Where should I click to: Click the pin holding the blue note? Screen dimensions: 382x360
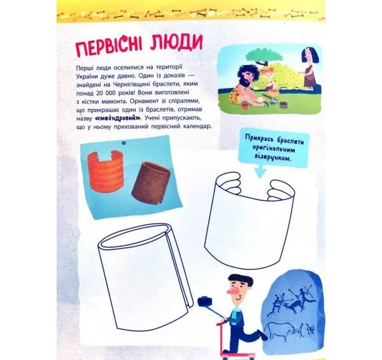tap(124, 143)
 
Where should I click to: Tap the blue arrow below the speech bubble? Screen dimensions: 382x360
tap(260, 172)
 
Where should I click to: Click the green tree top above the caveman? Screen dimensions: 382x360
tap(264, 55)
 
